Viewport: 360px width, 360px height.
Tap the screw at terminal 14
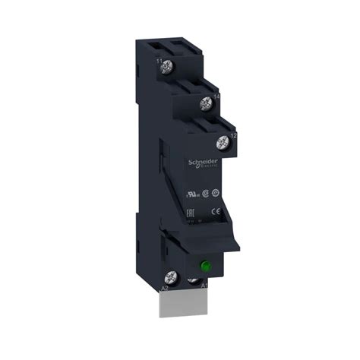(204, 104)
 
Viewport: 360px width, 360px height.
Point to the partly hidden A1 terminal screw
(199, 283)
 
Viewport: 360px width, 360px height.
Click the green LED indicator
(204, 267)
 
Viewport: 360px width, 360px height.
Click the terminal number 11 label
(158, 59)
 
